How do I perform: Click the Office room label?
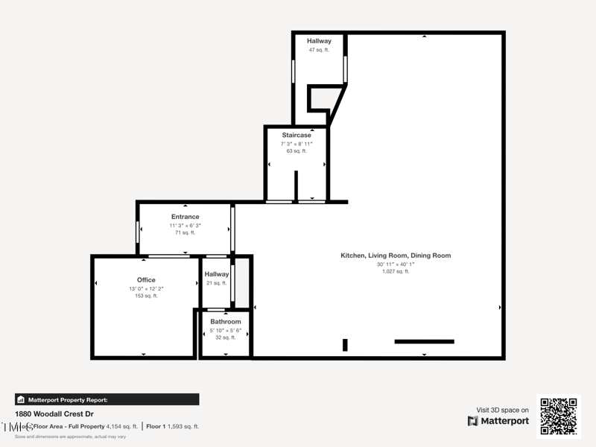[x=146, y=280]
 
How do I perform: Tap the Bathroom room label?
[x=225, y=322]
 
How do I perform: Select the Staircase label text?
[x=297, y=135]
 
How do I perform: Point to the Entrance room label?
[x=185, y=217]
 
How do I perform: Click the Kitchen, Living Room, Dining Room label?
[x=396, y=256]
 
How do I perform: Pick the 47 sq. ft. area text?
[x=319, y=50]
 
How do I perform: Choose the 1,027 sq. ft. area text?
[x=396, y=272]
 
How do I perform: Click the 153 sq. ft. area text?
[x=146, y=296]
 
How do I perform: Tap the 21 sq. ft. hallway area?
[x=217, y=283]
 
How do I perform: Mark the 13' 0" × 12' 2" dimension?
[x=146, y=288]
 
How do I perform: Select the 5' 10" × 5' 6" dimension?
[x=225, y=330]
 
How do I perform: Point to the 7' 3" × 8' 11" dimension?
[x=297, y=143]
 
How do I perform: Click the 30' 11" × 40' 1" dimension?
[x=396, y=264]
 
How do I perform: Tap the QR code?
[x=558, y=416]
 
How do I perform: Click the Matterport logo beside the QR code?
[x=498, y=421]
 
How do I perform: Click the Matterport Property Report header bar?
[x=107, y=399]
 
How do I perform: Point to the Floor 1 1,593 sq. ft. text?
[x=172, y=427]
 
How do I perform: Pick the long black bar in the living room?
[x=424, y=341]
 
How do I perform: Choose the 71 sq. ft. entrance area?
[x=185, y=232]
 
